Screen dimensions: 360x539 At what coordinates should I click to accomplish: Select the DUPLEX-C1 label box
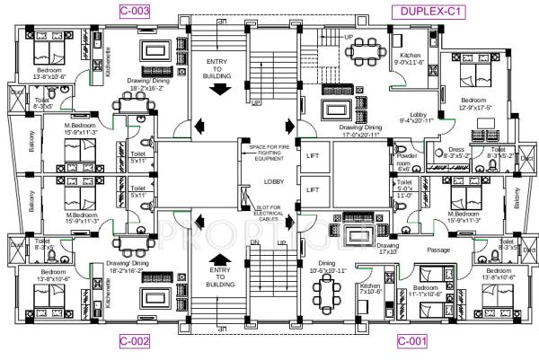point(425,12)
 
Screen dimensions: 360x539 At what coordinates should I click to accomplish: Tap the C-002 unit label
point(134,341)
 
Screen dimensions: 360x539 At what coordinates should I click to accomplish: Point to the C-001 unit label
point(412,341)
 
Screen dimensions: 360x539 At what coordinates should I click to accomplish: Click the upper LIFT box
point(313,156)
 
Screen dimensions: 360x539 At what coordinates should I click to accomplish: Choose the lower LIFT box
point(313,189)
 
